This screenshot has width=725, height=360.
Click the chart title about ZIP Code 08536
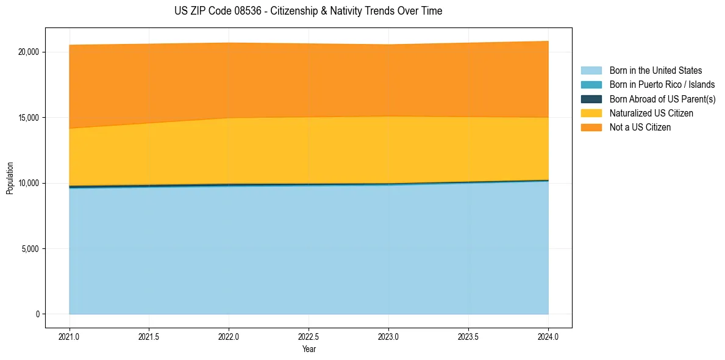[309, 11]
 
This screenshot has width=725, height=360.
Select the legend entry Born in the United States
[655, 71]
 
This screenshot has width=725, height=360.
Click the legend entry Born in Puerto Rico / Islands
[662, 85]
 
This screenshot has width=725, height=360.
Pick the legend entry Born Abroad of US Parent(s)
[662, 99]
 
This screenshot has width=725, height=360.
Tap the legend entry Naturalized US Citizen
[651, 113]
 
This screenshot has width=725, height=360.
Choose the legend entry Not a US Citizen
[640, 128]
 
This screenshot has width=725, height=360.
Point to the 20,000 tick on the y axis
[29, 52]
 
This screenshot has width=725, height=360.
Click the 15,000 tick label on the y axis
[29, 118]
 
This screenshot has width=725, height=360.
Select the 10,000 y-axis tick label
[29, 183]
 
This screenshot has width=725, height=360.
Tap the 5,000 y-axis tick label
[30, 249]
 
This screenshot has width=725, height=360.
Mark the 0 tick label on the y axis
[37, 314]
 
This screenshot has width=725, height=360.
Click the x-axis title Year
[309, 349]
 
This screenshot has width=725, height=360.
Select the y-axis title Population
[10, 178]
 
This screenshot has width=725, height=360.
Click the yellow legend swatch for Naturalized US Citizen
[591, 113]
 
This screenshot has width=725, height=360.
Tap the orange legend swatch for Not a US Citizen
[591, 128]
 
